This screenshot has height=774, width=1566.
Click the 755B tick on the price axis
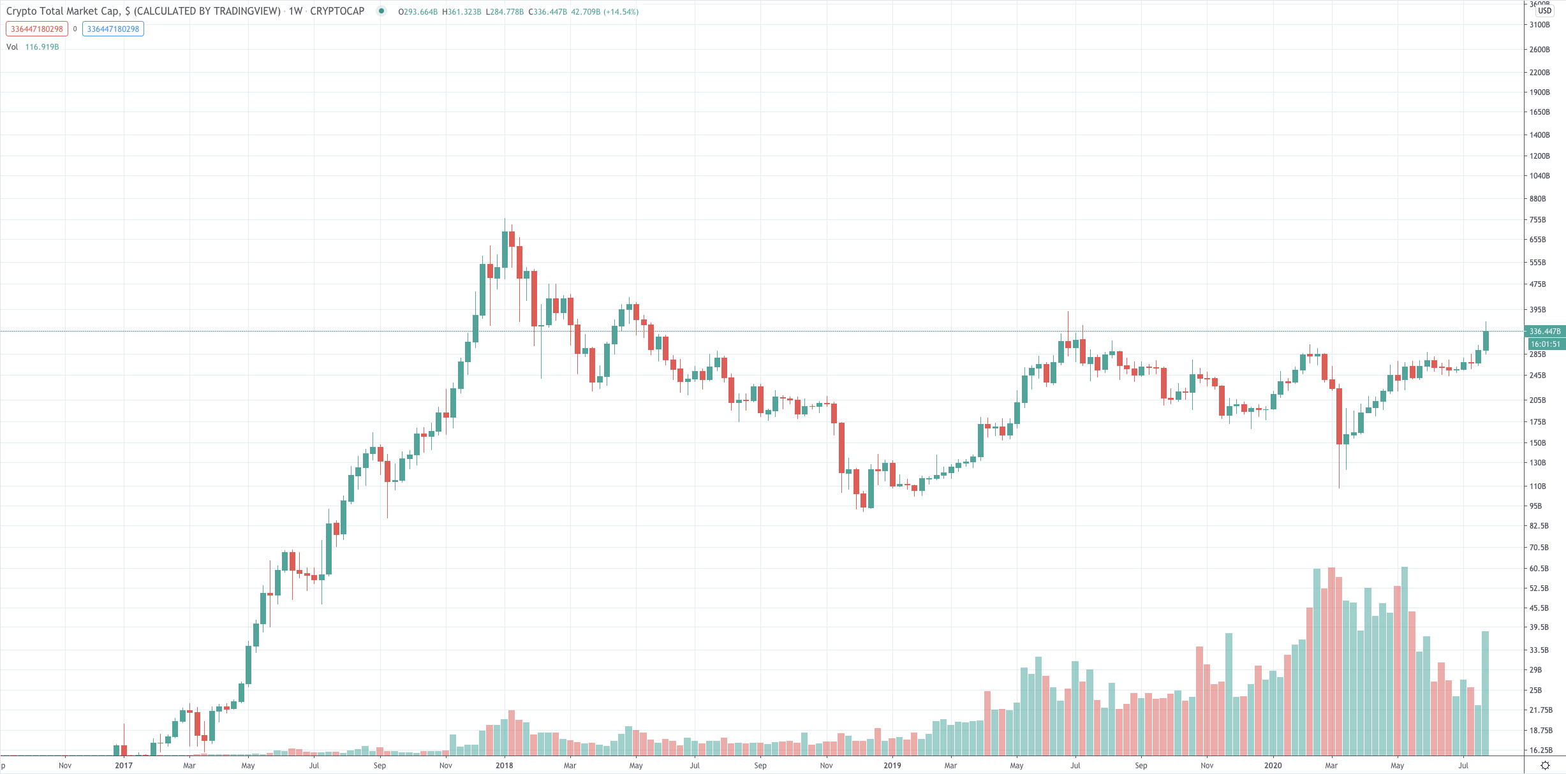1537,220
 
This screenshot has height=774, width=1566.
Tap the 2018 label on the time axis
504,765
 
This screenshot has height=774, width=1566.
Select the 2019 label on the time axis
892,765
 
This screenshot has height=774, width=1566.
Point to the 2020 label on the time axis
1273,765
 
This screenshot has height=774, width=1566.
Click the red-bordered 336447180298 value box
37,29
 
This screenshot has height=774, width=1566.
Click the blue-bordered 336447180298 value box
113,29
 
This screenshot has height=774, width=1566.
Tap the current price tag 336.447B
1544,332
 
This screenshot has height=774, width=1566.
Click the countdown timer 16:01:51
1544,344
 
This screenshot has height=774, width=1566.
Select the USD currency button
1544,10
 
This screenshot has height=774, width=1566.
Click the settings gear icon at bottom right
1545,765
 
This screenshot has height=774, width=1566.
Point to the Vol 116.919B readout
33,47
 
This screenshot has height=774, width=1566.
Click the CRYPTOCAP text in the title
337,11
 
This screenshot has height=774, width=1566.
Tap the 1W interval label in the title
295,11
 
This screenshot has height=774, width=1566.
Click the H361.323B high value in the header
462,12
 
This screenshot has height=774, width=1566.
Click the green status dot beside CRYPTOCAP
381,11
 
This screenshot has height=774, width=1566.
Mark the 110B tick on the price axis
1537,486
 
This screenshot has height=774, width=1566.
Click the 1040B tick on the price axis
1539,176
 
